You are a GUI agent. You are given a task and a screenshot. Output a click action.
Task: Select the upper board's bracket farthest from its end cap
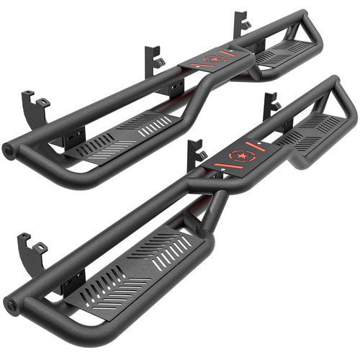242,24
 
